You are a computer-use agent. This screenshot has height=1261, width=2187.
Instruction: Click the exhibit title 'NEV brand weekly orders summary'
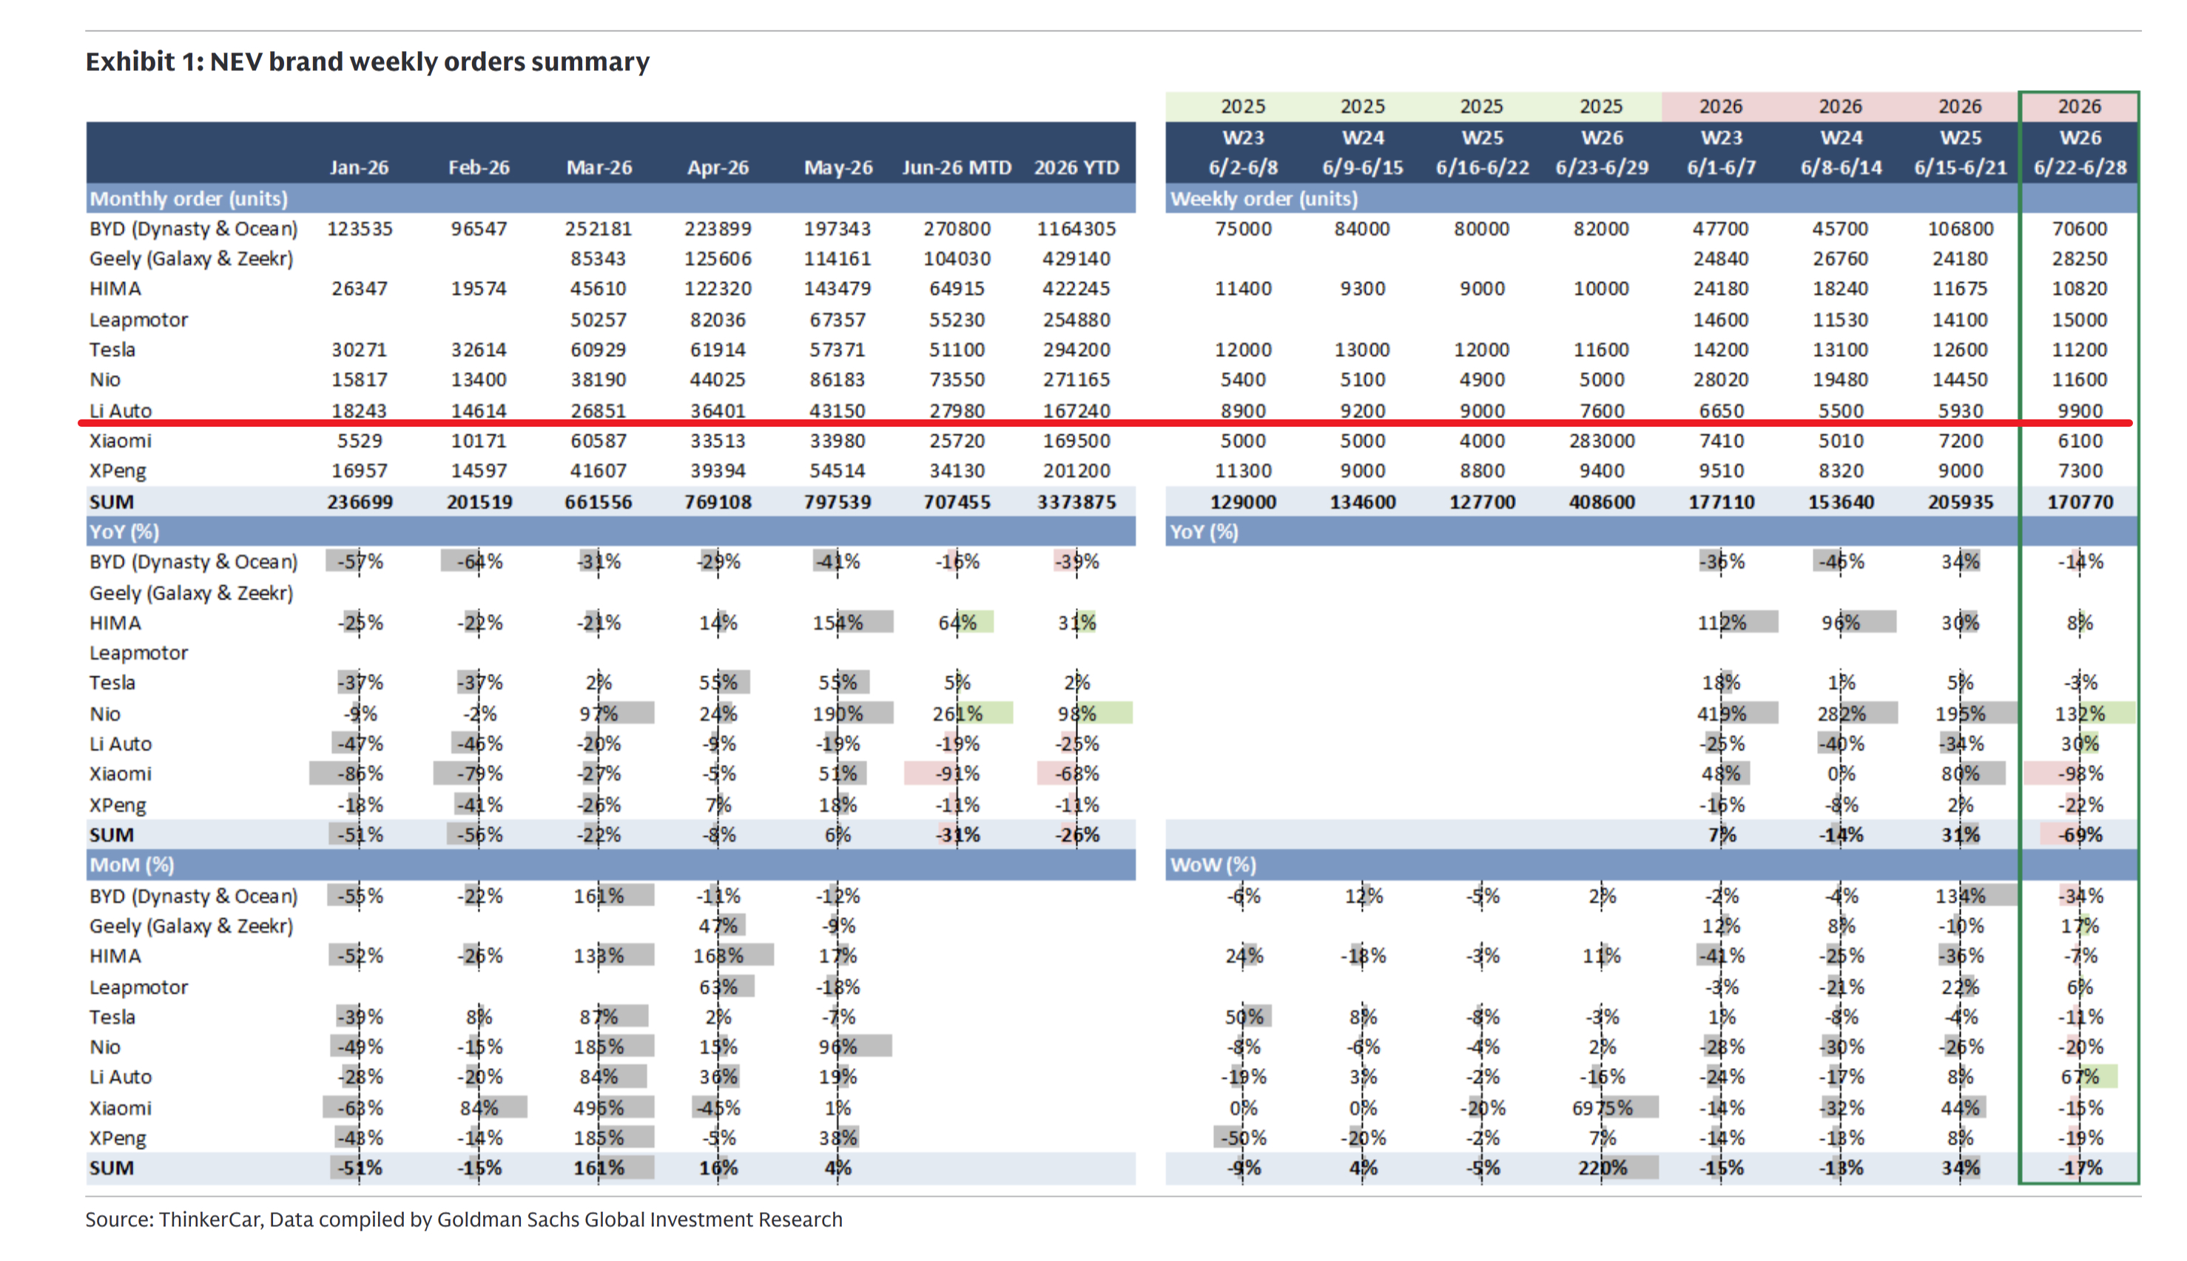430,61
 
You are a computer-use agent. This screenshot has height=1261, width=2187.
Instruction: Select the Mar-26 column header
599,167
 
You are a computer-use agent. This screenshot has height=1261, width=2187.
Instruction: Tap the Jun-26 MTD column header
956,167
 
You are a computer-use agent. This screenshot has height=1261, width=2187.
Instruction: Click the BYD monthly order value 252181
599,229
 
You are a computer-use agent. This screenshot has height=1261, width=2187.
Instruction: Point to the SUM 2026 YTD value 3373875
1076,501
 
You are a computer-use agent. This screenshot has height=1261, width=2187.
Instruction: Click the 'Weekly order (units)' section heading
1264,198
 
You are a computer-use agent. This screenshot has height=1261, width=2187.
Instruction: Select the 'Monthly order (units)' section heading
189,198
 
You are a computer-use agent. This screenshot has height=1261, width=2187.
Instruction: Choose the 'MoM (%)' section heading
132,865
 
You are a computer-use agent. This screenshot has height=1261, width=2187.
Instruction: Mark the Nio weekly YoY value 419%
1721,714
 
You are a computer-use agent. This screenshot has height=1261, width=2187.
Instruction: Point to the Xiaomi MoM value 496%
599,1108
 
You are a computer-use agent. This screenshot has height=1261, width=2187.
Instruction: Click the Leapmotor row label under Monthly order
138,320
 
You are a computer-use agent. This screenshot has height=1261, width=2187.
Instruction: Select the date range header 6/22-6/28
2080,167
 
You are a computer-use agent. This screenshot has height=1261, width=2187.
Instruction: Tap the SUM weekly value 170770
2080,501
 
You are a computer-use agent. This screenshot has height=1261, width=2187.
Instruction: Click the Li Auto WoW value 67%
2080,1077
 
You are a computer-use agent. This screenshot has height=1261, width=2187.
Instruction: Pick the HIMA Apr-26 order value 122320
718,288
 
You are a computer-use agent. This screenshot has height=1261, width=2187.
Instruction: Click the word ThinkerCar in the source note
209,1220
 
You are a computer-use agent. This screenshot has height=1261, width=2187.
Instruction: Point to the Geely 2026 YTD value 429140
1076,258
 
